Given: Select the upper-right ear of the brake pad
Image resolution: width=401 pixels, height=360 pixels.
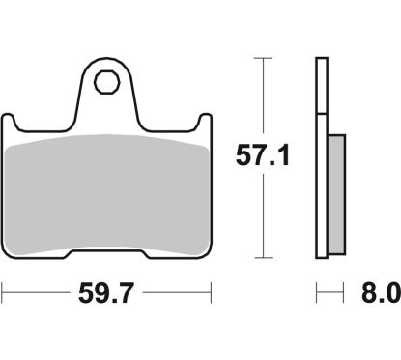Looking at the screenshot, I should click(x=204, y=124).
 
